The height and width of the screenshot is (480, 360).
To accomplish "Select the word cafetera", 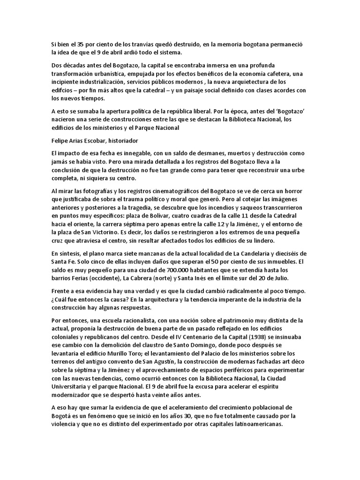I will [x=287, y=74].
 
